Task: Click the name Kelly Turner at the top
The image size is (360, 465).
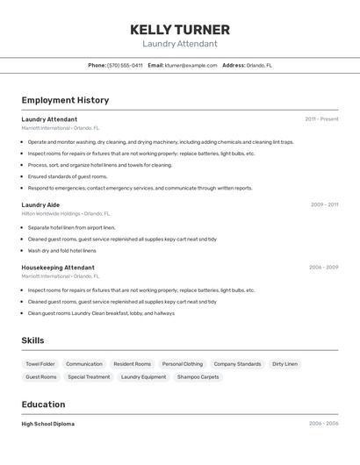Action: tap(179, 30)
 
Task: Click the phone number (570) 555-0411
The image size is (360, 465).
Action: tap(125, 65)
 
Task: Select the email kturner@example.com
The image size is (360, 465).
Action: tap(191, 65)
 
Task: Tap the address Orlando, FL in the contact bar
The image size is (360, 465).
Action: tap(259, 65)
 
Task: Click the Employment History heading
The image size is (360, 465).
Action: tap(65, 100)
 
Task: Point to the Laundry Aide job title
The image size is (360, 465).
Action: tap(40, 204)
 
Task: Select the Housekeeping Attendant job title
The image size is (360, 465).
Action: tap(58, 267)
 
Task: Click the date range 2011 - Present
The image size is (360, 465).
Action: tap(321, 118)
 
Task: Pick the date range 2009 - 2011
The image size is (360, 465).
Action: tap(324, 204)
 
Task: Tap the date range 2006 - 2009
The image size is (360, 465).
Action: tap(323, 267)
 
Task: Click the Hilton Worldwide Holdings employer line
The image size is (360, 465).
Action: tap(66, 213)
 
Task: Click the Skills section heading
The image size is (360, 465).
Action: tap(32, 340)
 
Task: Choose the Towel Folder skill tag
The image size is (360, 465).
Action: tap(40, 363)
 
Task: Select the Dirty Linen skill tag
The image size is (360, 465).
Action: tap(284, 363)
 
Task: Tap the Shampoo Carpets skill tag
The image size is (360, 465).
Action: tap(198, 376)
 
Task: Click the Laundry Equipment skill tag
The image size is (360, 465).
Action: tap(143, 376)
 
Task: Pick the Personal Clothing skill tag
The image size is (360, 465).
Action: tap(182, 363)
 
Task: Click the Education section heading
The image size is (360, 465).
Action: tap(43, 404)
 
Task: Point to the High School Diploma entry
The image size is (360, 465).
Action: tap(47, 424)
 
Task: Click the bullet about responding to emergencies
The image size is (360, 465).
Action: tap(140, 188)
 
